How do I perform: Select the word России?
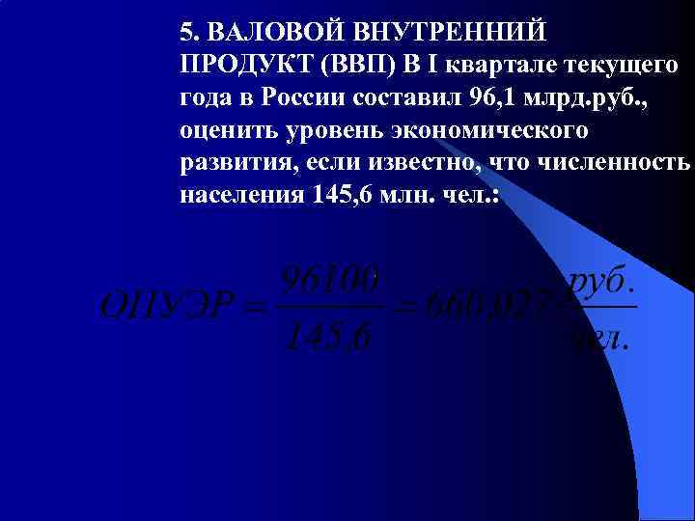[x=336, y=97]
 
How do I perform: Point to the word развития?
[x=236, y=163]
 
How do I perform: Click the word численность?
[x=622, y=163]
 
